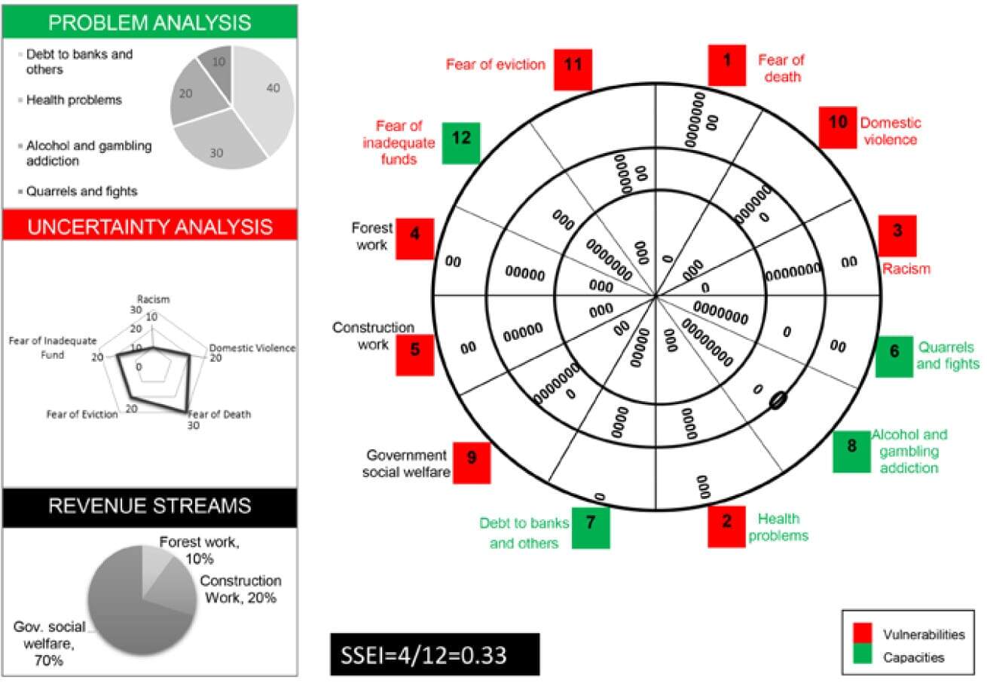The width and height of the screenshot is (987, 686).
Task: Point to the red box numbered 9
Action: coord(472,462)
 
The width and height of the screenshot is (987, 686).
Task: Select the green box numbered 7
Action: coord(590,527)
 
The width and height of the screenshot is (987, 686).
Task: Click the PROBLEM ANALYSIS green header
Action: coord(149,22)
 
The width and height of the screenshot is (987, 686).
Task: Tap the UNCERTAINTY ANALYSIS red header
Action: coord(149,225)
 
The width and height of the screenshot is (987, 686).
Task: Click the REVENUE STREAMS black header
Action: coord(149,507)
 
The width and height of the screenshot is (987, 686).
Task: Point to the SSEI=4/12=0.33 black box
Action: coord(435,654)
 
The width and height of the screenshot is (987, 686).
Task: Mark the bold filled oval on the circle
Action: coord(778,401)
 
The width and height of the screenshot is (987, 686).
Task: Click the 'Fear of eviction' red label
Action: coord(496,65)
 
